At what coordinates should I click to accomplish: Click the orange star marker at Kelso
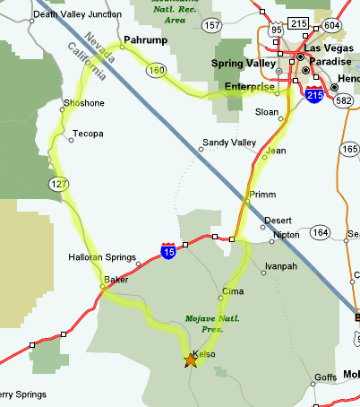191,360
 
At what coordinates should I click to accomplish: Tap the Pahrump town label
145,40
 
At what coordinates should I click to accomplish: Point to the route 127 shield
58,184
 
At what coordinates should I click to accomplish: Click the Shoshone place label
84,104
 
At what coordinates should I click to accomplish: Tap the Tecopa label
88,134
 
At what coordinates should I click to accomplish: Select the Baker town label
116,280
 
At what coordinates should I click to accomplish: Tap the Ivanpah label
281,266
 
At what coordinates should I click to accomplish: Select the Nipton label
287,235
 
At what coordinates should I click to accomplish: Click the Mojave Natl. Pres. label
213,324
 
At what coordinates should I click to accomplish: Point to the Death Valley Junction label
76,14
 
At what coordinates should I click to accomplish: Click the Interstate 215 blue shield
313,93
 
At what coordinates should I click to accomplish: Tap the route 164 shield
320,233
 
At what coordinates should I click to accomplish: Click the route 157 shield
213,26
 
